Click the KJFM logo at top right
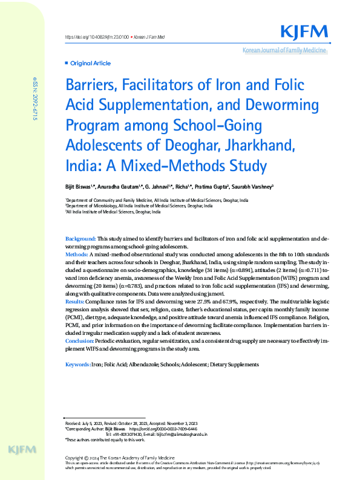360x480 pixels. [304, 32]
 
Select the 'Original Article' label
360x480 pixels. [90, 63]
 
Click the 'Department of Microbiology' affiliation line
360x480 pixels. [139, 206]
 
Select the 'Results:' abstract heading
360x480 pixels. [75, 300]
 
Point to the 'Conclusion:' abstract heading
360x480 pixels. [79, 341]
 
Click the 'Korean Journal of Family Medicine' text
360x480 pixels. [284, 50]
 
